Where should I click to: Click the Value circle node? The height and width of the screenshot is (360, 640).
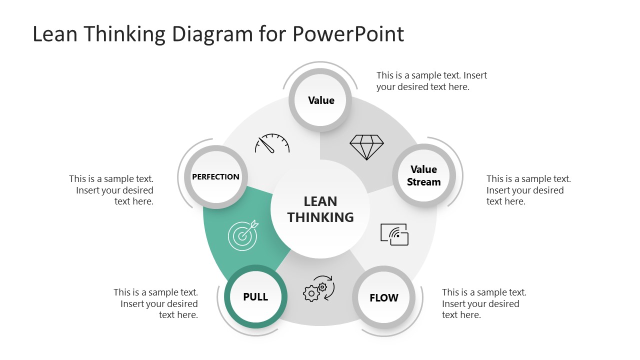[321, 100]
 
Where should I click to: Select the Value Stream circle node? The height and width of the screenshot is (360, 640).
[423, 176]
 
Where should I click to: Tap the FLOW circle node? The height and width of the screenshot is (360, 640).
[384, 298]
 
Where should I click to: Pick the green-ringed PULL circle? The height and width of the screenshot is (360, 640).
[255, 297]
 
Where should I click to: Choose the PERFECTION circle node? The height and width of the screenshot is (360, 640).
[216, 177]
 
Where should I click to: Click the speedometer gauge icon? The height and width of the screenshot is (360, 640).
[272, 143]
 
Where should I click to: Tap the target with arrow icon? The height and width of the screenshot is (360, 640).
[243, 235]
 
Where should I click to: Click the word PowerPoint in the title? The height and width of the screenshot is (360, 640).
[348, 34]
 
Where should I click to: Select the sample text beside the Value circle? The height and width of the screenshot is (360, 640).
[431, 81]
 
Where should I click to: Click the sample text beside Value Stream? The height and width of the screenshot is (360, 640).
[528, 190]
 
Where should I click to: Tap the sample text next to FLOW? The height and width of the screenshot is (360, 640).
[484, 303]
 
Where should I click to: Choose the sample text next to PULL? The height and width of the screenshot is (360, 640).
[156, 303]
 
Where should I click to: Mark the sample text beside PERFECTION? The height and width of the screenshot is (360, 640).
[111, 190]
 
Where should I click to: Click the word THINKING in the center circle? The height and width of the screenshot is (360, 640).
[320, 217]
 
